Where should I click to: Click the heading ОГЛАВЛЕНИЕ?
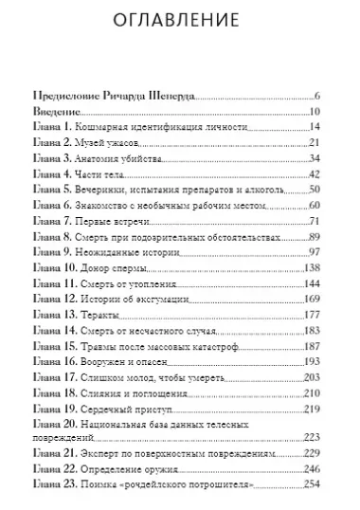(180, 21)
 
